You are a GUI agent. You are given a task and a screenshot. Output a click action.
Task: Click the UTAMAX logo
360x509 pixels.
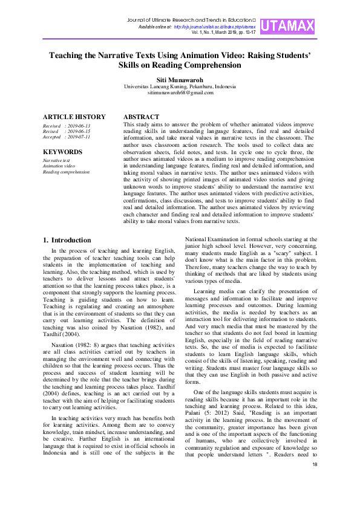[x=293, y=26]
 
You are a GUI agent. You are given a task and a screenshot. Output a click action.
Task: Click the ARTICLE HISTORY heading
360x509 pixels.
[x=74, y=117]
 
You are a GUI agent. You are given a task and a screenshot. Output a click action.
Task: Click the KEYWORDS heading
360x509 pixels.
[x=62, y=152]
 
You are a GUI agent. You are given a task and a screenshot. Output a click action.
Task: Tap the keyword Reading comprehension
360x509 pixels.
[x=66, y=172]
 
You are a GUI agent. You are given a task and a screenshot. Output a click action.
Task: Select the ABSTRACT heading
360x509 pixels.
[x=141, y=117]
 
